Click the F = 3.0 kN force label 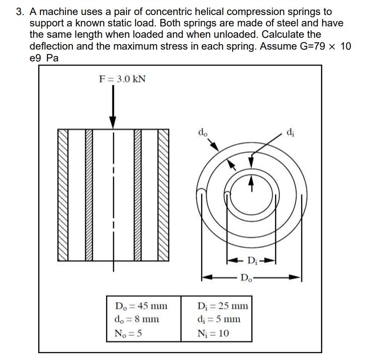[122, 79]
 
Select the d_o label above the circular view [203, 133]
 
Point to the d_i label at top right [291, 133]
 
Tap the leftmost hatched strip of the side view [63, 195]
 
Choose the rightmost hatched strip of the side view [163, 195]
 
